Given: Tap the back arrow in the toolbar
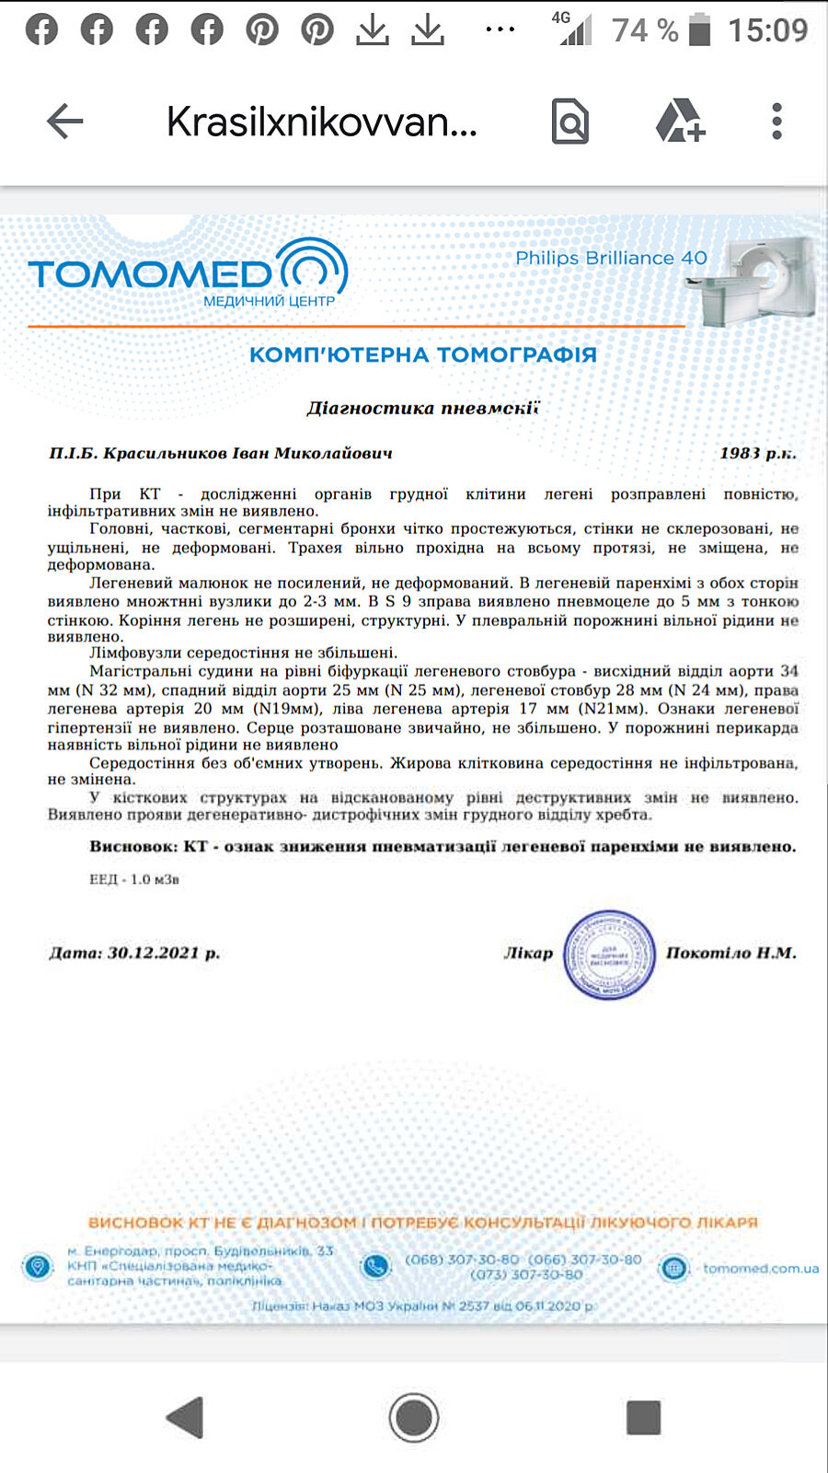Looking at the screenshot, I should click(64, 121).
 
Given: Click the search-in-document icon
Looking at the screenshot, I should click(569, 121).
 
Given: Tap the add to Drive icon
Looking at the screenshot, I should click(680, 121).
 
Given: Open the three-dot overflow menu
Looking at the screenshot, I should click(777, 121).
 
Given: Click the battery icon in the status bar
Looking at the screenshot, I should click(700, 29).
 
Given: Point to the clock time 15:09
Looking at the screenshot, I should click(767, 29).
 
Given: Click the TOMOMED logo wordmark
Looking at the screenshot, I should click(151, 273).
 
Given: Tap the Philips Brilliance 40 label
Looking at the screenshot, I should click(611, 258).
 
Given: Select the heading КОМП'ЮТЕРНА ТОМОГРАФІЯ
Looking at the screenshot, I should click(423, 354).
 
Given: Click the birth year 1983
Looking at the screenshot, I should click(740, 453).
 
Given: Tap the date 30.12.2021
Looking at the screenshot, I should click(153, 953).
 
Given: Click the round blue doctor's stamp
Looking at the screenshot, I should click(608, 955).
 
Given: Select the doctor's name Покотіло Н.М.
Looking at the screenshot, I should click(730, 953).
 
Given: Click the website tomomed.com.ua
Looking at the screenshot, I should click(760, 1268).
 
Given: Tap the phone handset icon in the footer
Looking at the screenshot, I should click(375, 1267).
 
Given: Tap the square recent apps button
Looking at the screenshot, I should click(643, 1418).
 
